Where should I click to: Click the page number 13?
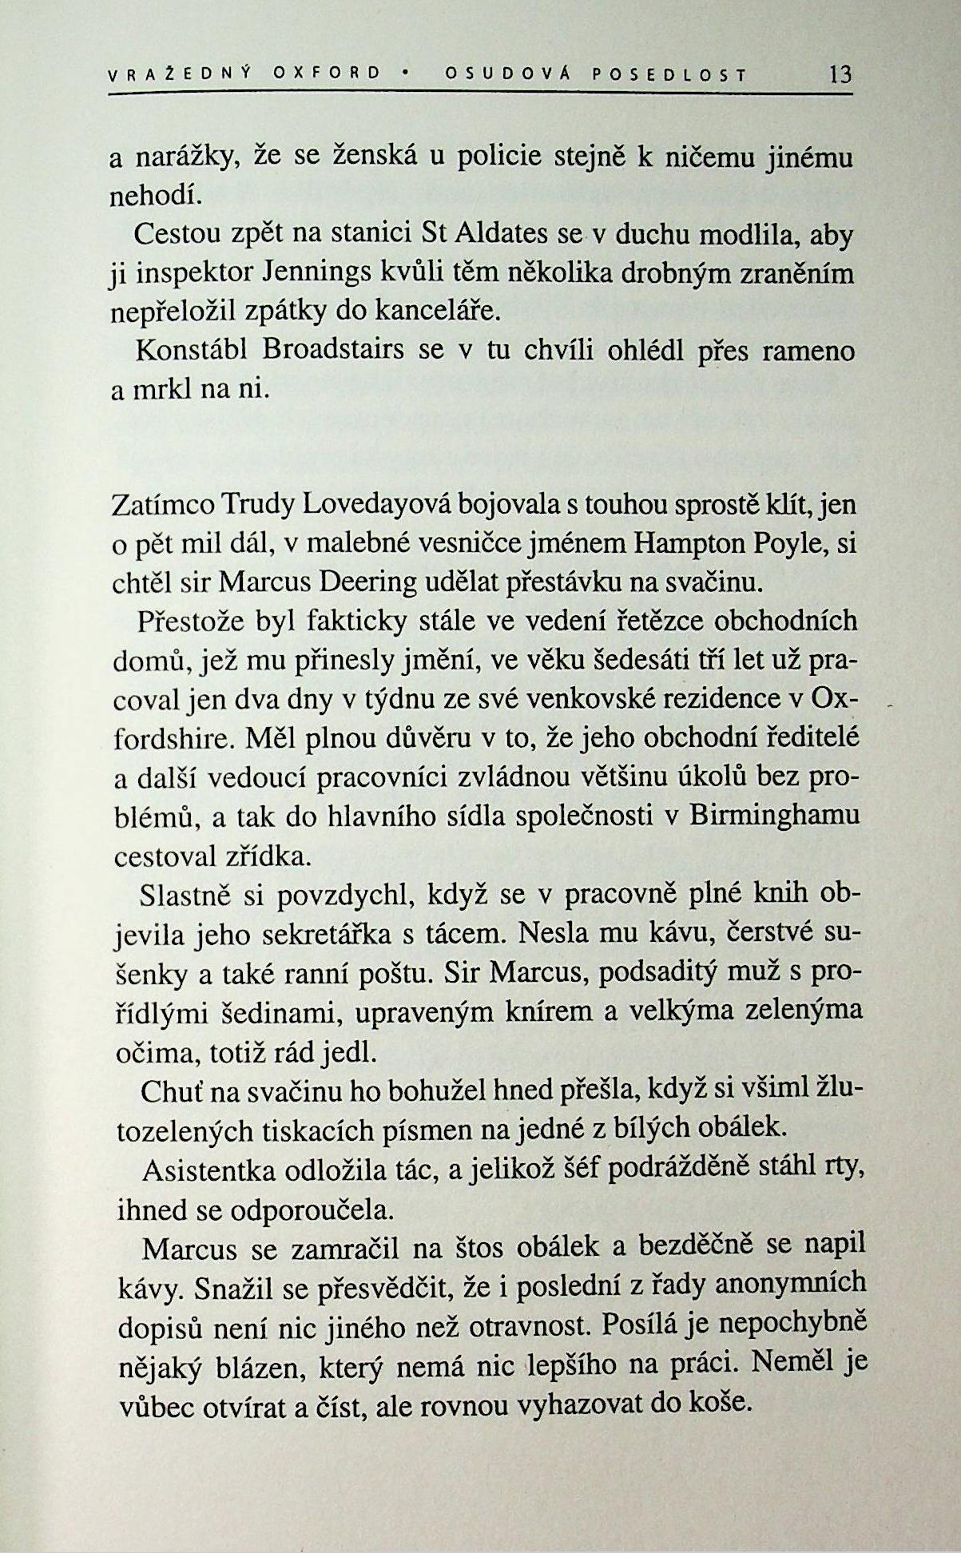[840, 75]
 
